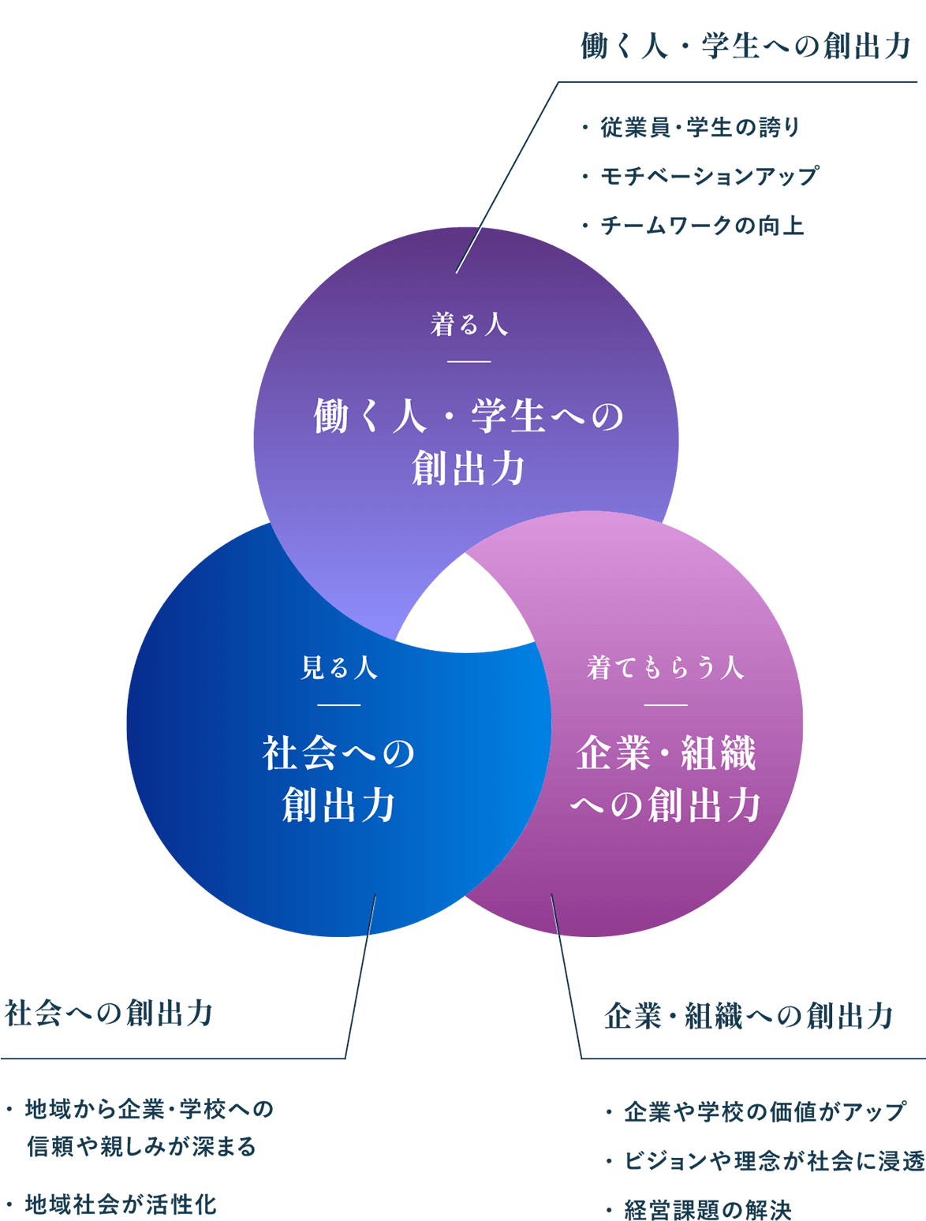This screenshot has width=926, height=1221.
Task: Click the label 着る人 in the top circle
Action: (469, 324)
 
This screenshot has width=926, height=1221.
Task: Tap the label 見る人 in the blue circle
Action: (339, 668)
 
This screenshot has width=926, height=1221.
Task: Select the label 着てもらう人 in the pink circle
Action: (666, 668)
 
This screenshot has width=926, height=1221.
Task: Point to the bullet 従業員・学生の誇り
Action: (700, 127)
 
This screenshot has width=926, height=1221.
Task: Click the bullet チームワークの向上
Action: (701, 226)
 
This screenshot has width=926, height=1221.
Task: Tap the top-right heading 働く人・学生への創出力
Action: (745, 47)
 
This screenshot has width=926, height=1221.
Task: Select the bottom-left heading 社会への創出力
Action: (109, 1014)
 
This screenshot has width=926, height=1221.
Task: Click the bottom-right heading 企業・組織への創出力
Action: (748, 1016)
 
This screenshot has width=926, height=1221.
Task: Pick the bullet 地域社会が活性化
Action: (120, 1204)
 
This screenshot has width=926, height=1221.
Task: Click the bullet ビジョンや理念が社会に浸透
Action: (773, 1161)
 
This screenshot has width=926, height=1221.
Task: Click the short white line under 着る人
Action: (469, 362)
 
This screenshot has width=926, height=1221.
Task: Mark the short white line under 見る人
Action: (339, 705)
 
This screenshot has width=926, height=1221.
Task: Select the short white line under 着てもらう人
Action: (666, 705)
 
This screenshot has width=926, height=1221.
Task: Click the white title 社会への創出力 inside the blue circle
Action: (339, 779)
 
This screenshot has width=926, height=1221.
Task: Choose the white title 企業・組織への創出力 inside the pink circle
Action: (666, 779)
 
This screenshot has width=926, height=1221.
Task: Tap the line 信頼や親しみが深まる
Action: (141, 1146)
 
